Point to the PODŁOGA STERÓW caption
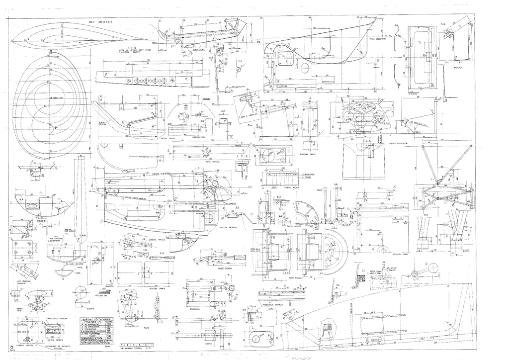400,252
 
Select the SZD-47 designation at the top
91,22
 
